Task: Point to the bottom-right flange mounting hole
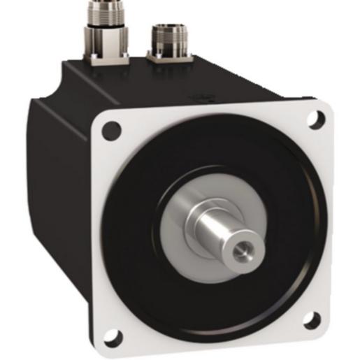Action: click(x=313, y=320)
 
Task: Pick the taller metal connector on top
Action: click(x=108, y=28)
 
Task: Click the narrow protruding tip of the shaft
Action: click(x=238, y=241)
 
